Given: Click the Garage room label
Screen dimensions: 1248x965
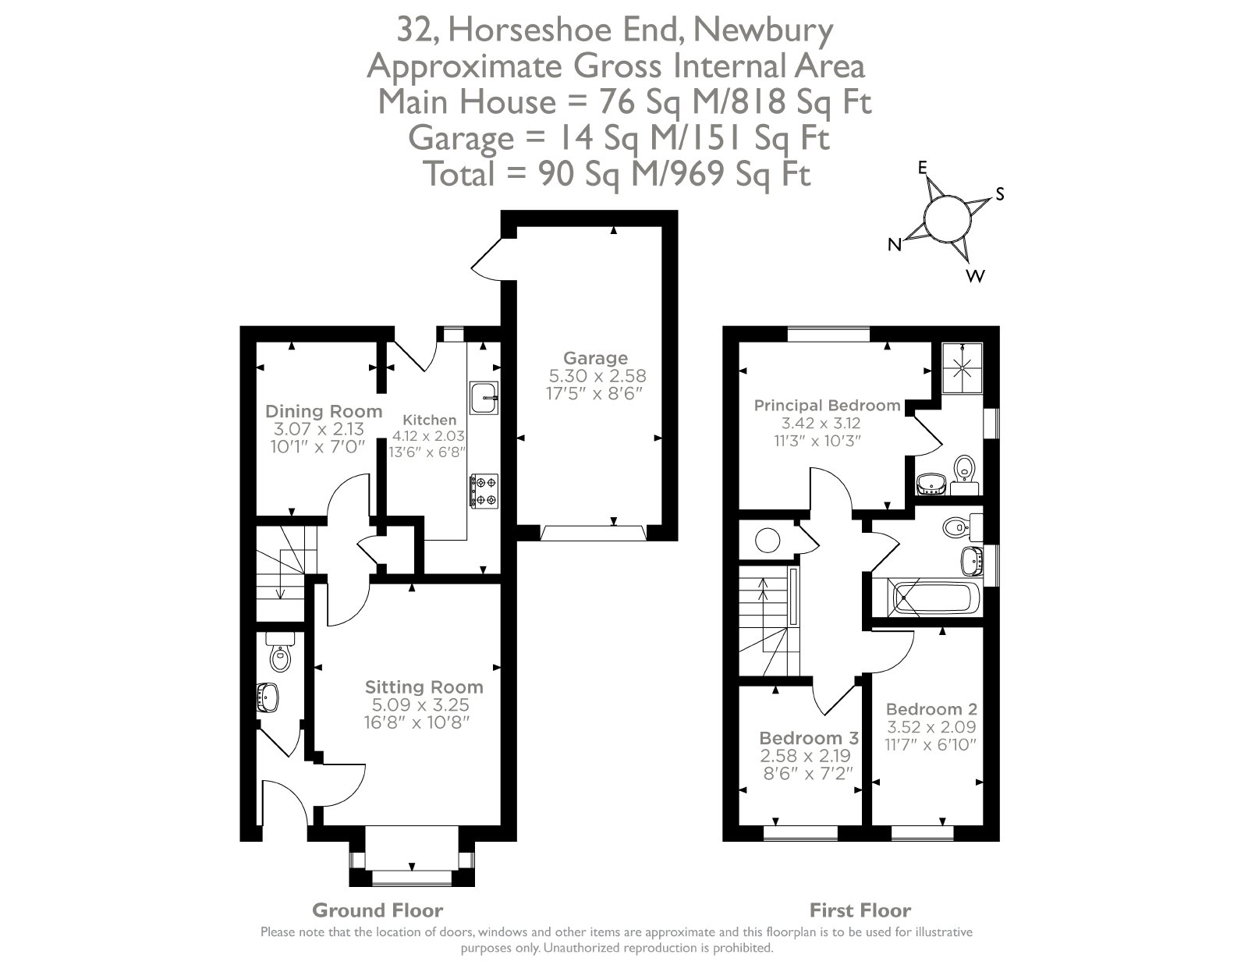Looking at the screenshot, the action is [x=596, y=358].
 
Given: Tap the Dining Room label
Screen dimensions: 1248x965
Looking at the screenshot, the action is [x=324, y=411].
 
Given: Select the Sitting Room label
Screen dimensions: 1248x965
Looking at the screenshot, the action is [x=424, y=687].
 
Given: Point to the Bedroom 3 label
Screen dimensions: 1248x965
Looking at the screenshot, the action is [x=809, y=738].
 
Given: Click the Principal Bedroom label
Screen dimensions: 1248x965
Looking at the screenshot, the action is [x=827, y=406].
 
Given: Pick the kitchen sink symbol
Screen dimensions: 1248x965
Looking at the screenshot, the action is [x=484, y=398].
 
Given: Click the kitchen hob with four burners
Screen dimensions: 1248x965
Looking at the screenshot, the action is [x=484, y=491].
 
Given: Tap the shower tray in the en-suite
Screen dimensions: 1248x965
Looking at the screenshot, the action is [x=963, y=368].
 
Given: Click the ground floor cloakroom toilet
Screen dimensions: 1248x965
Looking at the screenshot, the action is [x=280, y=652].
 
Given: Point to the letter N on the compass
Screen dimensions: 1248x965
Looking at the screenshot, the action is [x=894, y=245].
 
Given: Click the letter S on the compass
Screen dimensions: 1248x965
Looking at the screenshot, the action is [x=1000, y=194].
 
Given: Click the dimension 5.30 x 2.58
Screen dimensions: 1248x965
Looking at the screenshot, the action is [x=597, y=376].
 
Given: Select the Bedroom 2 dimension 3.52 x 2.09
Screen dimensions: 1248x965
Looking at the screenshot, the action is [x=931, y=727].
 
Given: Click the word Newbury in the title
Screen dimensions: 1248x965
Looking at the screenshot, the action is [x=764, y=31].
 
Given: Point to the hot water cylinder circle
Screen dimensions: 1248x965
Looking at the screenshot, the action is [x=768, y=541].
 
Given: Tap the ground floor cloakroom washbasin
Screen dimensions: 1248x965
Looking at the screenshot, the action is [x=267, y=697].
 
